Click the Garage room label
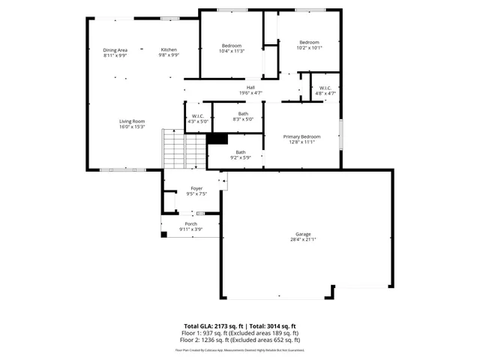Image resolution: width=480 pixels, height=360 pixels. (302, 234)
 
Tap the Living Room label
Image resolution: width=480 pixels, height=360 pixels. (131, 121)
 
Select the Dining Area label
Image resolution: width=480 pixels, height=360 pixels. (115, 49)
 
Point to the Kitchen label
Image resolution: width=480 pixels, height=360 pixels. (169, 49)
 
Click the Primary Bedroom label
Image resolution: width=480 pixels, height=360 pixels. (301, 136)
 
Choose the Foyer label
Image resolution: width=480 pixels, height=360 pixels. (196, 188)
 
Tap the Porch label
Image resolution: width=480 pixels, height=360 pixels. (190, 223)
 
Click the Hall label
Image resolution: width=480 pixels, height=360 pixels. (250, 87)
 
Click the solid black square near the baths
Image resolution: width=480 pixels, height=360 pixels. (217, 139)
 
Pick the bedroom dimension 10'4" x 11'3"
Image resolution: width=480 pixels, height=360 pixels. (232, 51)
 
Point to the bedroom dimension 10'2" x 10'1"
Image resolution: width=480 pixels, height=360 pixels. (309, 47)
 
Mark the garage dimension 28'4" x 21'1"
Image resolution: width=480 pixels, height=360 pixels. (302, 240)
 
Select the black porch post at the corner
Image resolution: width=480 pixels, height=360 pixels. (164, 234)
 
